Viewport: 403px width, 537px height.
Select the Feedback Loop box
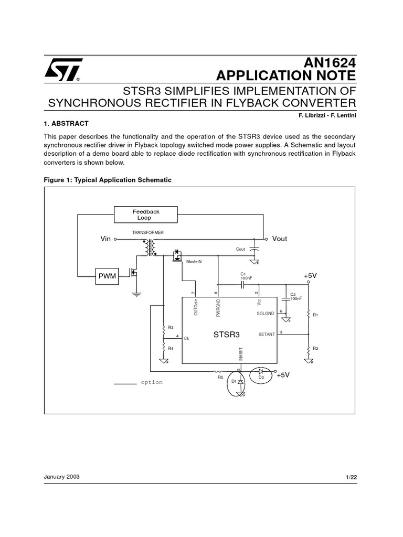(145, 214)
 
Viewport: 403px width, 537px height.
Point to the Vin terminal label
(106, 239)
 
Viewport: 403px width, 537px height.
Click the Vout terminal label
(279, 239)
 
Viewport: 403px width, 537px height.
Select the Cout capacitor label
(240, 249)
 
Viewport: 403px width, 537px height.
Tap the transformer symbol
(150, 247)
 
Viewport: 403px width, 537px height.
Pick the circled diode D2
(260, 375)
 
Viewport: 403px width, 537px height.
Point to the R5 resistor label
(220, 377)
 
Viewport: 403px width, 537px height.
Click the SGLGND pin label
(266, 313)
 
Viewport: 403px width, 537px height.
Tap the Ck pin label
(186, 338)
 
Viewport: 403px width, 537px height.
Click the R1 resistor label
(315, 315)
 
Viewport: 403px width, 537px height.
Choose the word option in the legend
(152, 382)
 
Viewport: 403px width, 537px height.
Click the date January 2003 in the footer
(62, 477)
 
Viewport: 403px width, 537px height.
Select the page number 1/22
(351, 477)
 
